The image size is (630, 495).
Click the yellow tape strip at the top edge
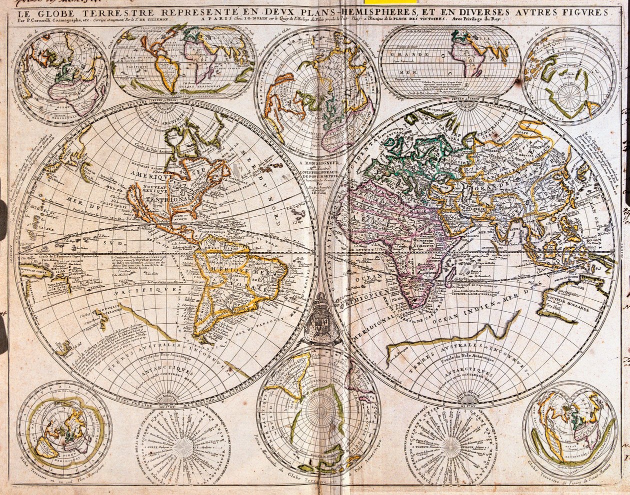coord(397,1)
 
